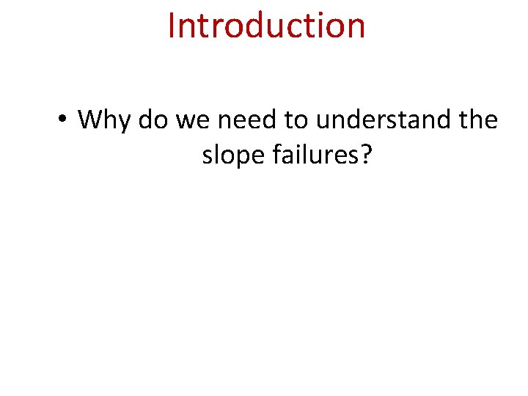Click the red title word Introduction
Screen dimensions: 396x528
click(266, 25)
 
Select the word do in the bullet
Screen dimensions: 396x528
click(153, 119)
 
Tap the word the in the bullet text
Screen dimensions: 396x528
click(477, 119)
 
